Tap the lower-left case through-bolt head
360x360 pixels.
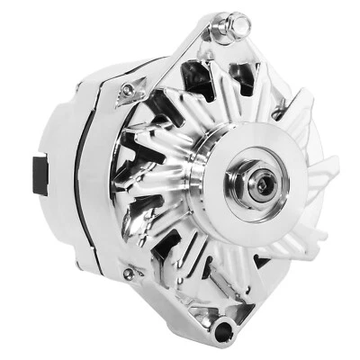[130, 273]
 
